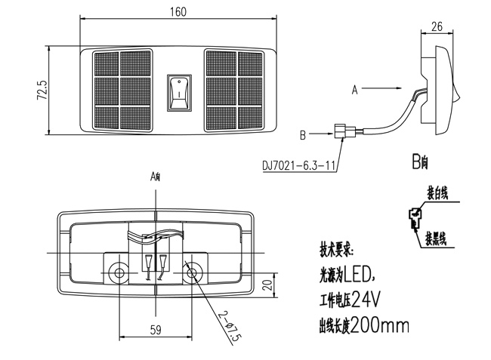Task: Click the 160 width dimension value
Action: click(178, 12)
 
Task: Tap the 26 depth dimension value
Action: click(436, 26)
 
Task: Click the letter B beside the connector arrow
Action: click(302, 136)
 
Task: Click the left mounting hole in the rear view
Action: click(119, 272)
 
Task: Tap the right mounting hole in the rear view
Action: click(193, 272)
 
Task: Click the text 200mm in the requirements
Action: click(381, 326)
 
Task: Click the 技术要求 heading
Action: click(336, 248)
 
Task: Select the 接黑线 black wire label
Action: click(436, 240)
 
